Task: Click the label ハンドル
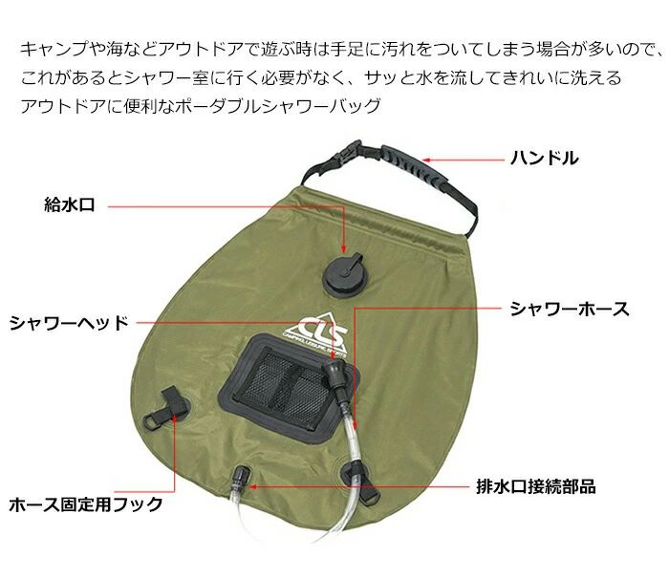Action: coord(545,159)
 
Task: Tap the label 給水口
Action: coord(70,204)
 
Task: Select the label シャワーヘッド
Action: coord(69,323)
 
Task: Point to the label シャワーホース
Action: coord(570,309)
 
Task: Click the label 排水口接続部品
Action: coord(536,486)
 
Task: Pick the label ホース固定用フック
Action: coord(86,504)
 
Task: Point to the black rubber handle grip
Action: coord(414,162)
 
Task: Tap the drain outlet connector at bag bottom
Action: coord(241,477)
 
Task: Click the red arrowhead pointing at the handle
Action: coord(427,161)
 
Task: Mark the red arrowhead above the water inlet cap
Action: coord(344,249)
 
